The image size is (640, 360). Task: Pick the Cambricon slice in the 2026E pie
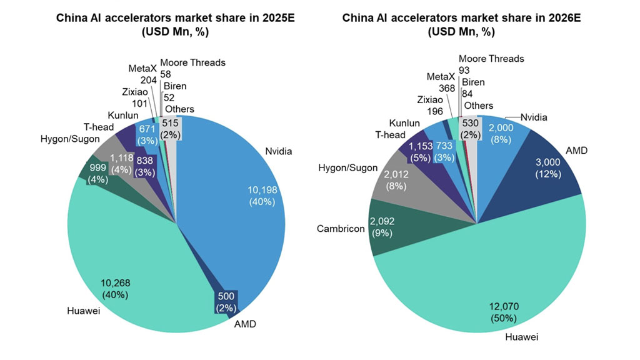tap(400, 228)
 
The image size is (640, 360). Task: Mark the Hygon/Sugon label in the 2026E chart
tap(348, 167)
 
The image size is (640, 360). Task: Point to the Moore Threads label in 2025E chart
tap(192, 62)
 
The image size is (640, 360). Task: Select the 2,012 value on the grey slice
tap(396, 174)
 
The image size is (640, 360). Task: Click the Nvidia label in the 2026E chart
tap(535, 117)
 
